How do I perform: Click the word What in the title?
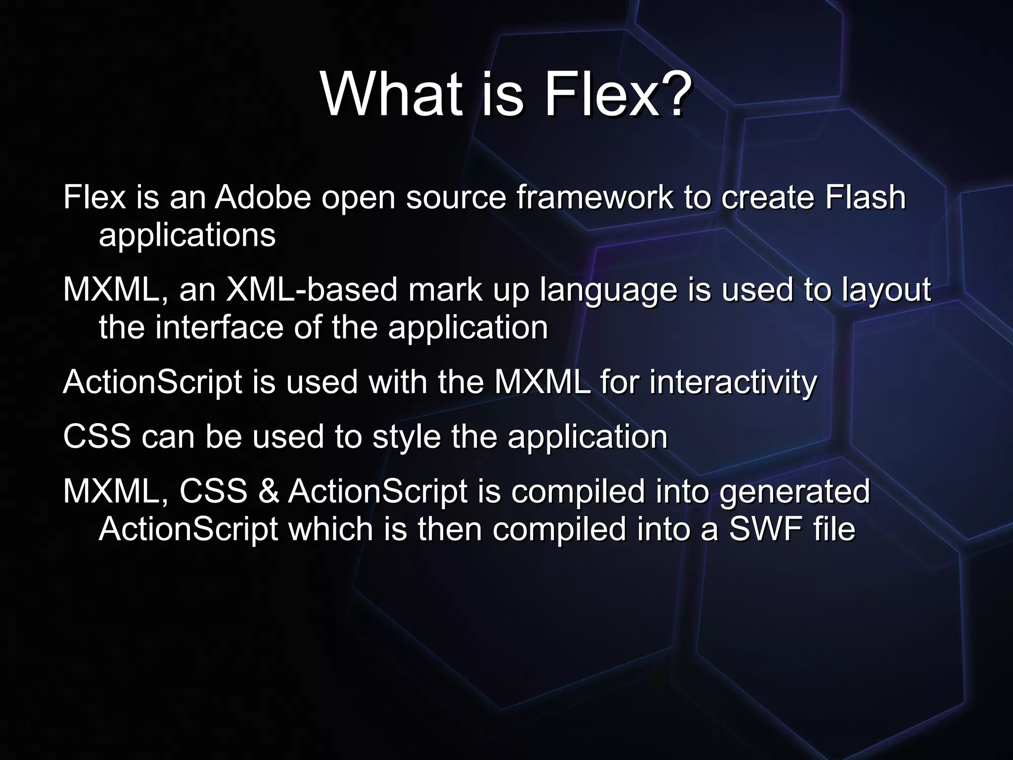point(391,94)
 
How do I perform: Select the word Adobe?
point(263,197)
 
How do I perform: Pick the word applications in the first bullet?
point(187,236)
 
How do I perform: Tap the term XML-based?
point(312,289)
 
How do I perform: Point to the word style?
point(406,437)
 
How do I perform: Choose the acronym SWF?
point(766,529)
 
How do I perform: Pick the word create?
point(768,197)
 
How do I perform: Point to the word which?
point(331,529)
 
